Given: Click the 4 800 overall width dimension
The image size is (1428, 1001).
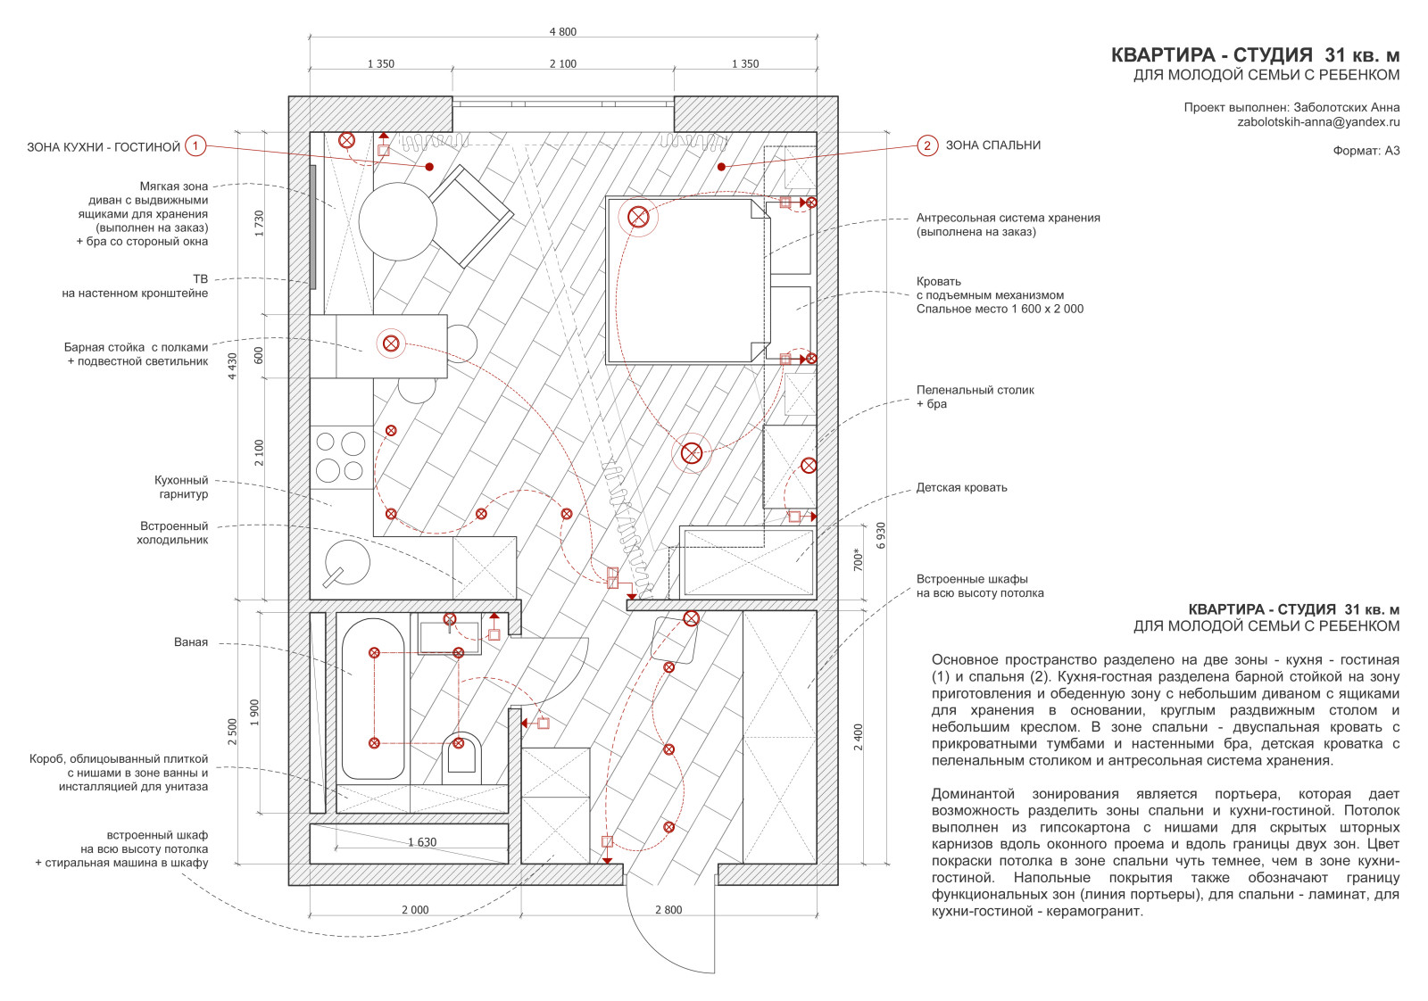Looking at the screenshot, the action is click(563, 32).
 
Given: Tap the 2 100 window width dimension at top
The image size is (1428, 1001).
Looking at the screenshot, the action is click(563, 63).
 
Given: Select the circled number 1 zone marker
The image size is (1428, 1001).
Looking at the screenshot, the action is click(195, 146).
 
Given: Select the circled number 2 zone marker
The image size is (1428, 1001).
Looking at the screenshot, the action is click(927, 145).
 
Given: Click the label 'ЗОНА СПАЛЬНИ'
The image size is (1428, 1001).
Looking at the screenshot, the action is click(992, 145).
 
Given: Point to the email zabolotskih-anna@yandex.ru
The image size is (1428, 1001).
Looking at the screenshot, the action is click(1318, 121).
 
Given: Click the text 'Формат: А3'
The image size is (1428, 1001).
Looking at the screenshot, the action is click(1366, 151).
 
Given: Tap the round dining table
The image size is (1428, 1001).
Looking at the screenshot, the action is click(398, 222).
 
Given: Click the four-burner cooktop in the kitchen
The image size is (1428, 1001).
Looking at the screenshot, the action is click(342, 457).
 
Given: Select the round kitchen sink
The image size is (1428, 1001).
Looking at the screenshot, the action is click(347, 563).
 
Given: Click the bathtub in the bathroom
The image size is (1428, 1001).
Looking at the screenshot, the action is click(373, 699).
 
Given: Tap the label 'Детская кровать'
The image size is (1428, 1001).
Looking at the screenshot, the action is click(961, 488).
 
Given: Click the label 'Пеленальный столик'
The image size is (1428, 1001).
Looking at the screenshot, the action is click(975, 390).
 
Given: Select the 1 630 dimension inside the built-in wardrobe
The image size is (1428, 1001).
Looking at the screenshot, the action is click(422, 842).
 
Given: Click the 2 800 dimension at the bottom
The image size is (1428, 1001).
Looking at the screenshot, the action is click(668, 910).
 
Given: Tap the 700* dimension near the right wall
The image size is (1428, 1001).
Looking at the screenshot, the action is click(858, 559).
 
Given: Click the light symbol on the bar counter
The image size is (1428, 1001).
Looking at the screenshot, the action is click(391, 344).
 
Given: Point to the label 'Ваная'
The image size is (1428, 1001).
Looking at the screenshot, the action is click(191, 642).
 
